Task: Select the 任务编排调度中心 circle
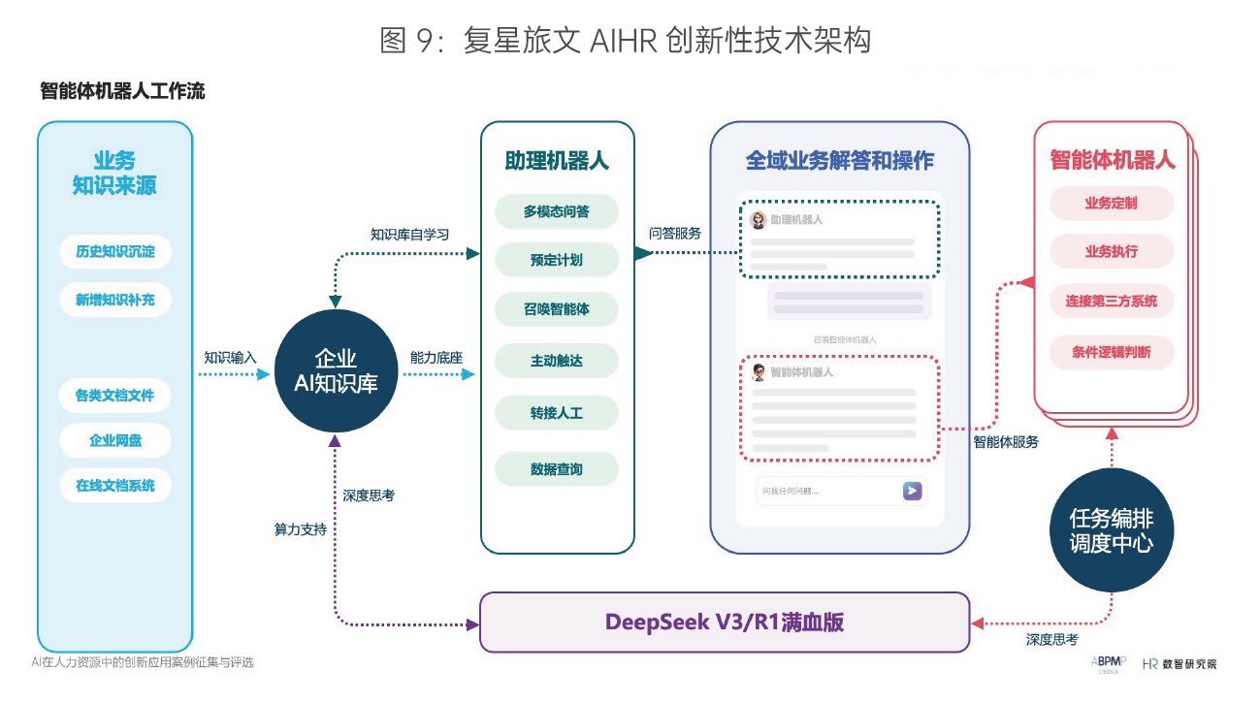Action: coord(1111,530)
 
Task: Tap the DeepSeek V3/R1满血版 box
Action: coord(725,622)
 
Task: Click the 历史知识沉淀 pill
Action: coord(115,253)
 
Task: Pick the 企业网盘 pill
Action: coord(115,440)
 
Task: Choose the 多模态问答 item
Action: coord(556,211)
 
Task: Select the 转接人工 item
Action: coord(556,413)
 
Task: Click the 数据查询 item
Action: coord(556,469)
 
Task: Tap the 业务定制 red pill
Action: coord(1111,204)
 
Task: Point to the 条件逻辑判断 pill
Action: coord(1111,352)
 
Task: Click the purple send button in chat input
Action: coord(912,491)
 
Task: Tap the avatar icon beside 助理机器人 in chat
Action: coord(759,220)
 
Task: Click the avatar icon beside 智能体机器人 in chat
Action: coord(759,372)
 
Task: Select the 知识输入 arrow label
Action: coord(230,357)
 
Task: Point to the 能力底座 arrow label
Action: coord(436,357)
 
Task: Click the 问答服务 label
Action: coord(675,234)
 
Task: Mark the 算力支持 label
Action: coord(301,530)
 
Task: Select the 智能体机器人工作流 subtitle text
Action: coord(122,91)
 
